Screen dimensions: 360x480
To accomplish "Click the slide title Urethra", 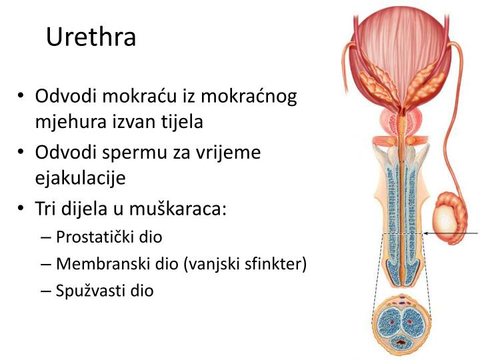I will pyautogui.click(x=91, y=37).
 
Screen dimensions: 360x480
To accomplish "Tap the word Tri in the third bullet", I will pyautogui.click(x=47, y=209).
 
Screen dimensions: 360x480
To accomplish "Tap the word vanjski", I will pyautogui.click(x=211, y=264).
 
